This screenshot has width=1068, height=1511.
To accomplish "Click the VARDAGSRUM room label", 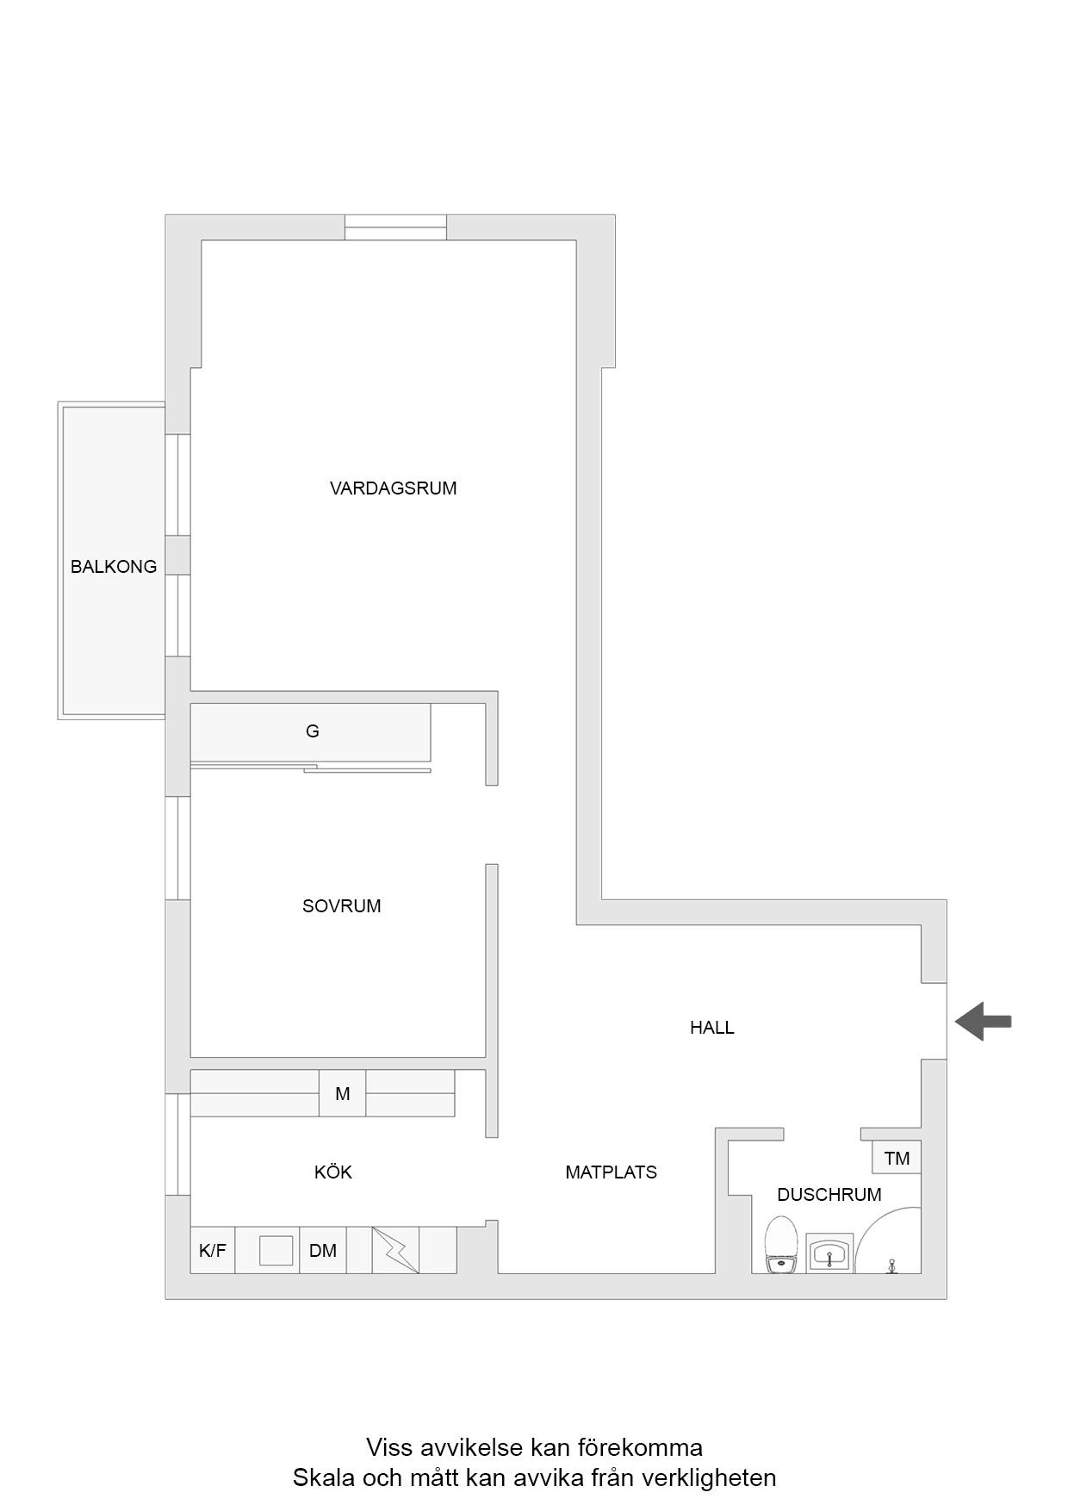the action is [393, 488].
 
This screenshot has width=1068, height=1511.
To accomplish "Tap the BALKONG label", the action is [114, 567].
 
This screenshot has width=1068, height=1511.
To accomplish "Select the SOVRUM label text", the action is [341, 906].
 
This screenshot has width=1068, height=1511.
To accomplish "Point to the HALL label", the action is [711, 1028].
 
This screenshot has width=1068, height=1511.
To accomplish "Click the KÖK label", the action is [333, 1172].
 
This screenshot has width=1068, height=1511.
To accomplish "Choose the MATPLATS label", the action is [611, 1172].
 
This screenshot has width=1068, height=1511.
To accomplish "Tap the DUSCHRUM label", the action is [829, 1195].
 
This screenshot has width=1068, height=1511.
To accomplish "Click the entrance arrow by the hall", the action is [983, 1022].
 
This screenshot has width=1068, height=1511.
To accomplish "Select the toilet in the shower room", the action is [781, 1245].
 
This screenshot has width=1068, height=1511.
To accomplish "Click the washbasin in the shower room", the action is [829, 1253].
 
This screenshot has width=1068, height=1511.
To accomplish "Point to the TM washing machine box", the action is [897, 1159].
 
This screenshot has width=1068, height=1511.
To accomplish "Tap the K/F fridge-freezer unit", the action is [213, 1251].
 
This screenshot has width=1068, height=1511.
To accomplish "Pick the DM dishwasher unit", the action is [323, 1251].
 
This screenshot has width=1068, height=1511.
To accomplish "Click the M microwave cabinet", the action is [343, 1094].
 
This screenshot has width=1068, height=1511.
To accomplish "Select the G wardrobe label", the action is [312, 731].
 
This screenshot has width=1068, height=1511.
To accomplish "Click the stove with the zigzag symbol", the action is [395, 1251].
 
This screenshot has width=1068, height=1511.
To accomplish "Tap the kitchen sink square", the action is [276, 1250].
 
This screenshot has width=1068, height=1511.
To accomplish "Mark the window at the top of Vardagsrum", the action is [396, 227].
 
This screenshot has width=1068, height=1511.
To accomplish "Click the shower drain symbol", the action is [891, 1265].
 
